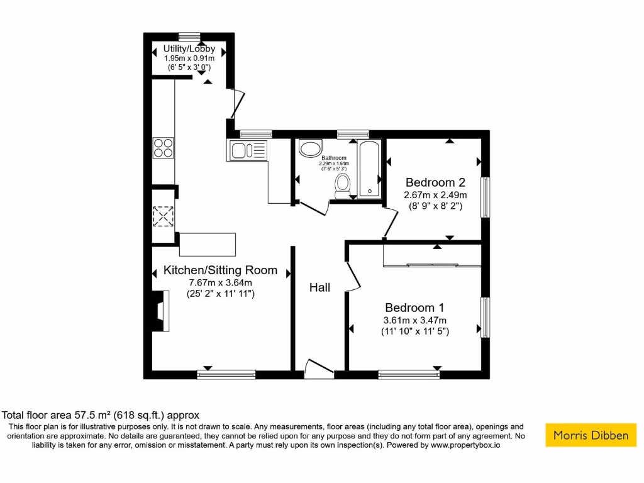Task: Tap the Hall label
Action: click(319, 287)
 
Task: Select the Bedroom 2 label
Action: click(435, 182)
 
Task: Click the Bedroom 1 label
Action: click(414, 308)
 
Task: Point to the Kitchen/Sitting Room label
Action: click(220, 270)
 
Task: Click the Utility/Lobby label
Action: click(189, 48)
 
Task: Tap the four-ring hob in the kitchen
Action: click(164, 148)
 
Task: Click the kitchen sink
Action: click(247, 150)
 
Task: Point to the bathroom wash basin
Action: click(309, 149)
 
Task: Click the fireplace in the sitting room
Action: click(161, 310)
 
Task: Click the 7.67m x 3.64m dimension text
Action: click(220, 283)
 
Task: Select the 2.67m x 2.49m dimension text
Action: click(435, 195)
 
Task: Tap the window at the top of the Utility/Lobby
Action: click(189, 36)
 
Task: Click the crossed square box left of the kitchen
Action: click(164, 216)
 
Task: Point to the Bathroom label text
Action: click(333, 158)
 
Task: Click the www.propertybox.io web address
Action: click(465, 445)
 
